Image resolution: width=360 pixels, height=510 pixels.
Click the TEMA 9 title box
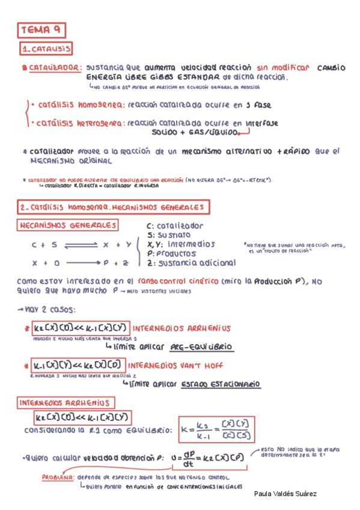click(x=41, y=29)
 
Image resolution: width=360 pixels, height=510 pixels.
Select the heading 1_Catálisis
click(x=46, y=49)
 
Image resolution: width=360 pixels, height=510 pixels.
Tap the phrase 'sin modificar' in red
click(x=282, y=68)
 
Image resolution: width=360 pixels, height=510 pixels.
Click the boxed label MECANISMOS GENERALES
click(x=68, y=226)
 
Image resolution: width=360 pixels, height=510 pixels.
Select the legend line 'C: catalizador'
click(x=175, y=226)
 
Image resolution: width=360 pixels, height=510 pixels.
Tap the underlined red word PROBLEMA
click(x=58, y=478)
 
